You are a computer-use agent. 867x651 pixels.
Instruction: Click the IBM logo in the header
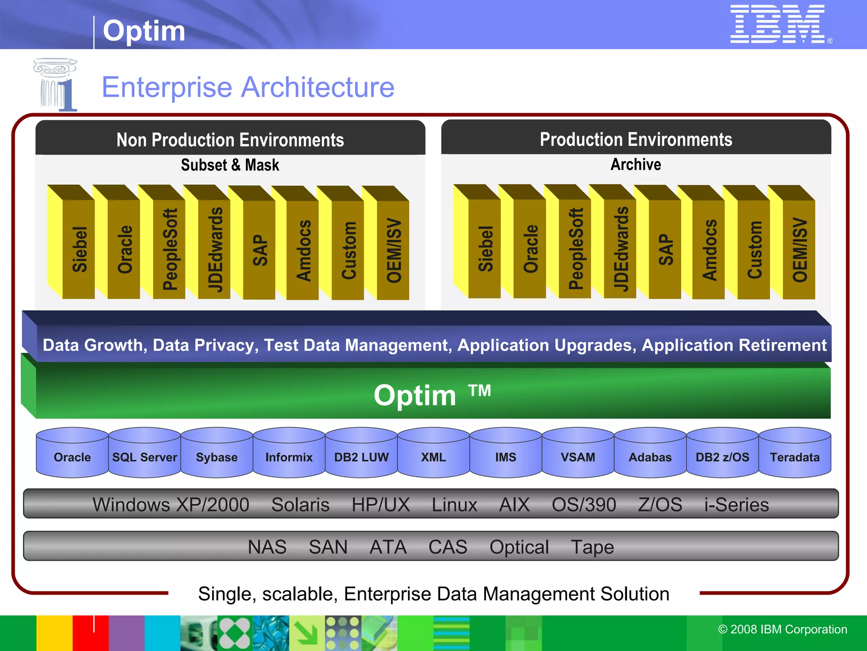click(x=778, y=24)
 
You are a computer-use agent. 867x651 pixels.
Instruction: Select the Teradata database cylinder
click(x=795, y=453)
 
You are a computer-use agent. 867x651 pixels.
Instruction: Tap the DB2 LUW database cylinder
click(x=361, y=453)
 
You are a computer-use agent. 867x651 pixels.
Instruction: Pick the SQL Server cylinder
click(x=144, y=453)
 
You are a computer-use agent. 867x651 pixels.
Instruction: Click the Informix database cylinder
click(x=289, y=453)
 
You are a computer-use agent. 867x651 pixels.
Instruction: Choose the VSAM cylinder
click(x=578, y=453)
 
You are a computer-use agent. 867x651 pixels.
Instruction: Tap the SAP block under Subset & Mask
click(x=260, y=250)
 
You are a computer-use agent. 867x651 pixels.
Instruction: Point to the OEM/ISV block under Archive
click(x=799, y=250)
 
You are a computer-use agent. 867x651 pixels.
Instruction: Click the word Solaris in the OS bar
click(x=300, y=505)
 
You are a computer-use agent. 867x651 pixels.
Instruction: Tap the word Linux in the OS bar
click(x=454, y=505)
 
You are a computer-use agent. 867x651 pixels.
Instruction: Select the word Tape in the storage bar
click(x=592, y=547)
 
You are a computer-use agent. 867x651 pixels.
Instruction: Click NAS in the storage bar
click(x=267, y=547)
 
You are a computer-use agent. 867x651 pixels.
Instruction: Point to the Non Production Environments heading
click(x=230, y=140)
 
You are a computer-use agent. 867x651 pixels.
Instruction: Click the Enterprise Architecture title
click(x=248, y=87)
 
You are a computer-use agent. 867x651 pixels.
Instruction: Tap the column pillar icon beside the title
click(x=55, y=85)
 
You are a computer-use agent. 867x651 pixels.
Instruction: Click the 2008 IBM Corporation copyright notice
click(x=782, y=629)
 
